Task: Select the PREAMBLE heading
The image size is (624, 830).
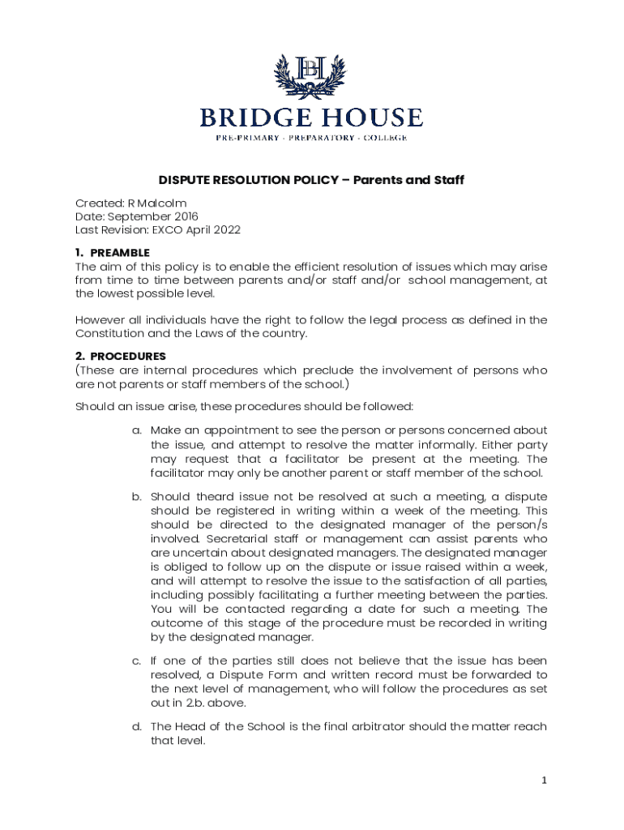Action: [119, 253]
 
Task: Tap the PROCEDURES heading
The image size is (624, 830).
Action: [127, 356]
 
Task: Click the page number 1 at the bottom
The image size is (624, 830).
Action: [545, 781]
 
